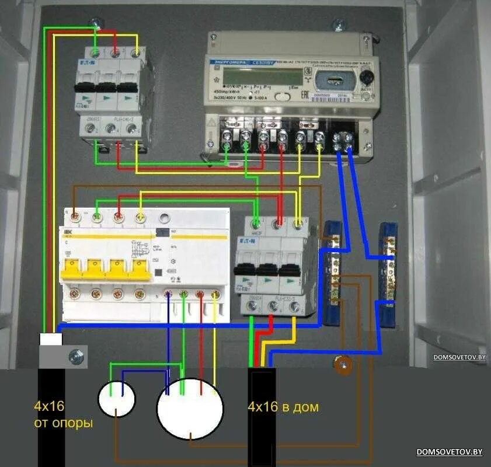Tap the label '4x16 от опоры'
[63, 414]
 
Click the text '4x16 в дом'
[283, 407]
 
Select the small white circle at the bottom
[116, 399]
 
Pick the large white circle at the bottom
[190, 408]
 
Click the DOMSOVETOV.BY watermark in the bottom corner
[450, 452]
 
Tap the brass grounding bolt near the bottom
[342, 365]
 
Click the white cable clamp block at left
[50, 339]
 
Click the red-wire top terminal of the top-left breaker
[116, 54]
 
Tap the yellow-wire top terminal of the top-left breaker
[136, 54]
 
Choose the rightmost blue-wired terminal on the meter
[349, 138]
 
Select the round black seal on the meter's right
[365, 78]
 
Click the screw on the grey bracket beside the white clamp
[74, 355]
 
